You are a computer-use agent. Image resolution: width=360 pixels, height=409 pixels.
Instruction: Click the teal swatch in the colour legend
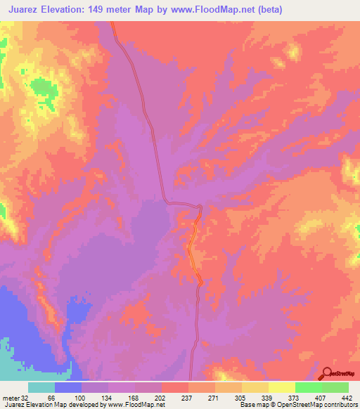(x=41, y=387)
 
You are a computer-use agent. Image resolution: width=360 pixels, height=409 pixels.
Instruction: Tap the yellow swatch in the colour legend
(x=281, y=387)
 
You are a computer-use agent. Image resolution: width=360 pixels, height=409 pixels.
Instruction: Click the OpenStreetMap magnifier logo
(x=327, y=374)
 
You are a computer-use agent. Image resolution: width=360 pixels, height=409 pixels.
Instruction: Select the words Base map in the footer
(x=252, y=405)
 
